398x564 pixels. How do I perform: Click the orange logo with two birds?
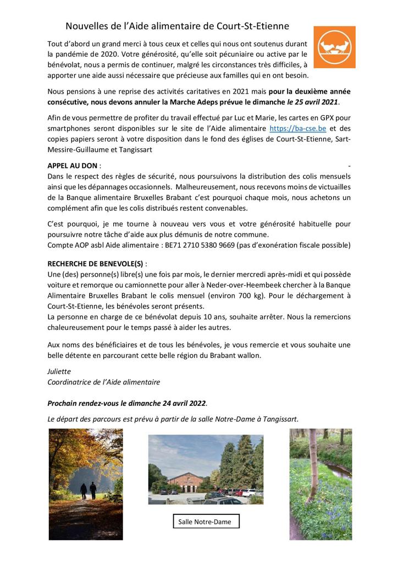pyautogui.click(x=334, y=47)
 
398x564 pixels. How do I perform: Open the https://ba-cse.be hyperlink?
pyautogui.click(x=297, y=128)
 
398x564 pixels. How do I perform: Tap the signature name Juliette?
pyautogui.click(x=59, y=371)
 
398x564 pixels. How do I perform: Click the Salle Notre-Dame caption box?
pyautogui.click(x=204, y=521)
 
